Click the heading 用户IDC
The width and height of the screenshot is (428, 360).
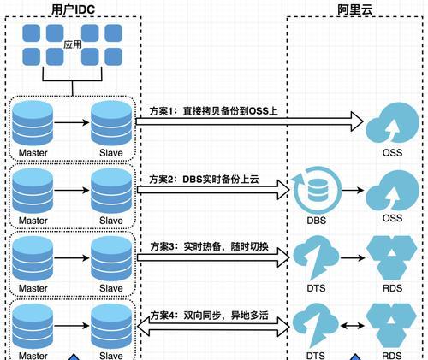(x=73, y=9)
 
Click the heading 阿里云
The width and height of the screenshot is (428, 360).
(x=354, y=9)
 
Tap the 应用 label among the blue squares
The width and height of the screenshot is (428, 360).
(x=73, y=44)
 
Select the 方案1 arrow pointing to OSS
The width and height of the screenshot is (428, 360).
(x=249, y=121)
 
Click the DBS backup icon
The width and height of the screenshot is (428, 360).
(x=317, y=191)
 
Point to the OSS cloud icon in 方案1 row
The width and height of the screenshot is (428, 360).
(x=392, y=122)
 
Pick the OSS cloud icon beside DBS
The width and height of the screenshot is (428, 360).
(x=392, y=190)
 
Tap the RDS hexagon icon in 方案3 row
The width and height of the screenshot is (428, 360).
(x=392, y=258)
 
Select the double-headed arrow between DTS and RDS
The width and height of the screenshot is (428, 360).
(x=353, y=325)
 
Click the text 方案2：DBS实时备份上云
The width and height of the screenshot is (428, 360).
(x=204, y=180)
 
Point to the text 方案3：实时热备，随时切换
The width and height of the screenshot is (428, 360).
(x=209, y=246)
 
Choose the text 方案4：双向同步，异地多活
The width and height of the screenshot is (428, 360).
(x=209, y=316)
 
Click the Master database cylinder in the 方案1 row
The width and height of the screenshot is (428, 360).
(x=33, y=123)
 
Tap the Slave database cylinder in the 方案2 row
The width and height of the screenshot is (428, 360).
(x=111, y=191)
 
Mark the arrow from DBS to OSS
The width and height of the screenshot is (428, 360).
(x=353, y=190)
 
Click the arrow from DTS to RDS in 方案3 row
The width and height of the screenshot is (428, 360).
(x=353, y=258)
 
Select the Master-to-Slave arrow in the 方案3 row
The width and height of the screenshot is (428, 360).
(x=72, y=258)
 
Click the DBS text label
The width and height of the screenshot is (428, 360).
(x=317, y=221)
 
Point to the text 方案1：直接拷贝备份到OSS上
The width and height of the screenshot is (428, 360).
(x=213, y=111)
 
